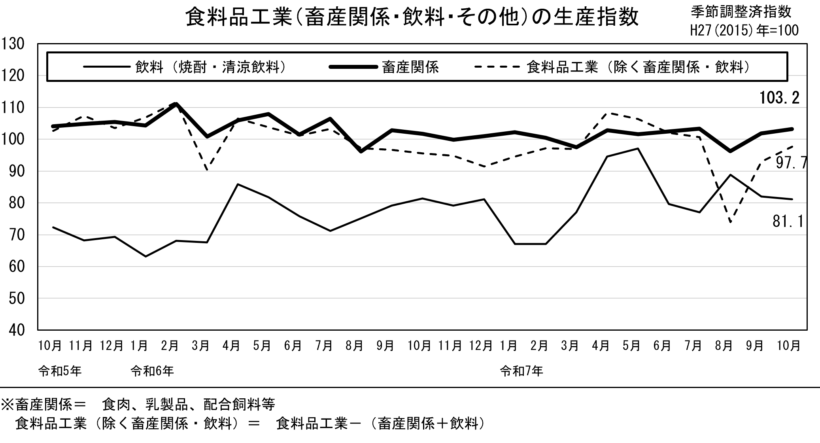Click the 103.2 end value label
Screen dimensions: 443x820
(x=779, y=98)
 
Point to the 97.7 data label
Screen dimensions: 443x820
(x=790, y=163)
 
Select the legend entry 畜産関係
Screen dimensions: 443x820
(x=410, y=67)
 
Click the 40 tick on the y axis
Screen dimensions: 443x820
(x=16, y=330)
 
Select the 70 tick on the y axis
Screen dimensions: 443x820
(x=16, y=235)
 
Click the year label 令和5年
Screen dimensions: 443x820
(x=60, y=371)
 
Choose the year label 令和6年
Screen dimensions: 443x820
(x=152, y=371)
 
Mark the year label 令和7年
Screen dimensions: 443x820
(x=521, y=371)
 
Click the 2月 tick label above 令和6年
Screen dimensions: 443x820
(x=170, y=346)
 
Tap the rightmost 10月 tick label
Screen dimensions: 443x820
(x=788, y=346)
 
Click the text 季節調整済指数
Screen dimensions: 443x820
(x=741, y=12)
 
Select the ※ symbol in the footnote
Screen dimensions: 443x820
(x=8, y=405)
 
